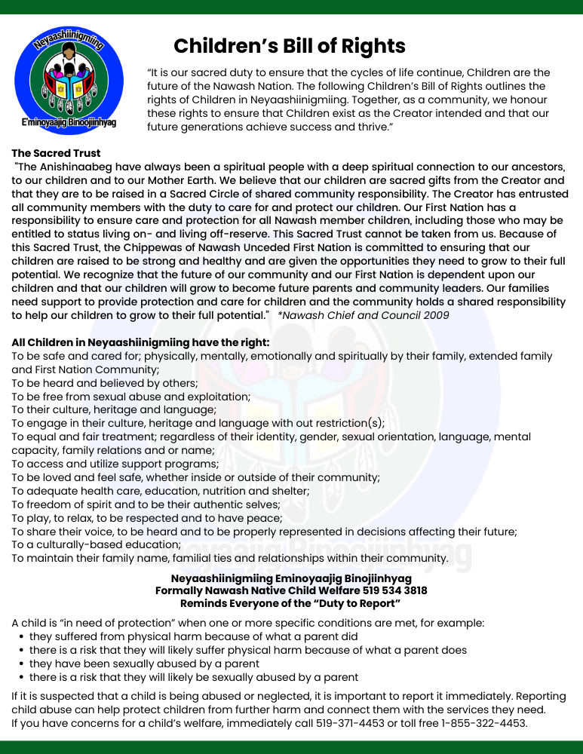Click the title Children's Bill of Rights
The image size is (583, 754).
click(x=290, y=46)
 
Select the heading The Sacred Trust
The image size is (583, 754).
click(x=56, y=153)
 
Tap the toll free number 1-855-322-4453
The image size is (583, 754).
click(x=483, y=723)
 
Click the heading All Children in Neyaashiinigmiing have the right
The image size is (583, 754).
click(x=141, y=342)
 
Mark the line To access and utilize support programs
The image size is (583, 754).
click(x=115, y=464)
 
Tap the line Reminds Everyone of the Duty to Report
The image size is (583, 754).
click(x=291, y=603)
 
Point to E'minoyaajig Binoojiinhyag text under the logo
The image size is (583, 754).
click(x=69, y=122)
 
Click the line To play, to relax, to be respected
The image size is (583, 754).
click(x=147, y=518)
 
